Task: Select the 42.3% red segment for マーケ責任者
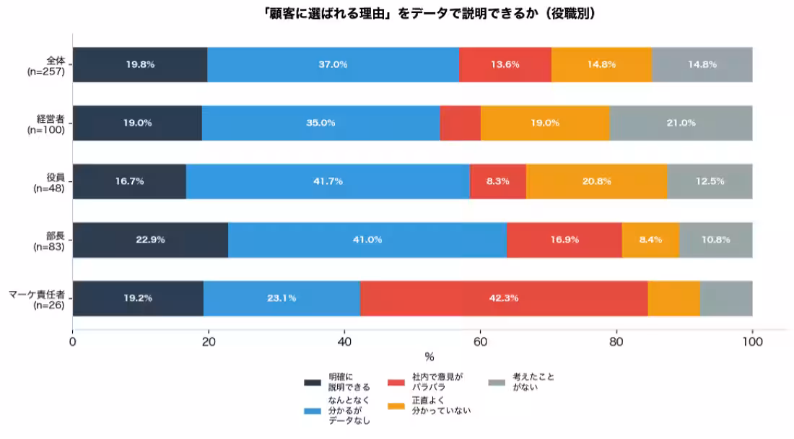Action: point(504,298)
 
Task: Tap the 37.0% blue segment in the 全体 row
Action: point(333,64)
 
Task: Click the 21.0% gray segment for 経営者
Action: point(681,123)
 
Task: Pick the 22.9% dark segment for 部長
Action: point(150,240)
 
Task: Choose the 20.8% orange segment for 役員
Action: point(596,181)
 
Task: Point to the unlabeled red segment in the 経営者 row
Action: point(460,123)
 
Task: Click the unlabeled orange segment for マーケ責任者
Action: point(673,298)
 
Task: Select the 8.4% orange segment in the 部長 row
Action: point(650,240)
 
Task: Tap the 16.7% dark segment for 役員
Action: point(129,181)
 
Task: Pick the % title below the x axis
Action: point(429,357)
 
